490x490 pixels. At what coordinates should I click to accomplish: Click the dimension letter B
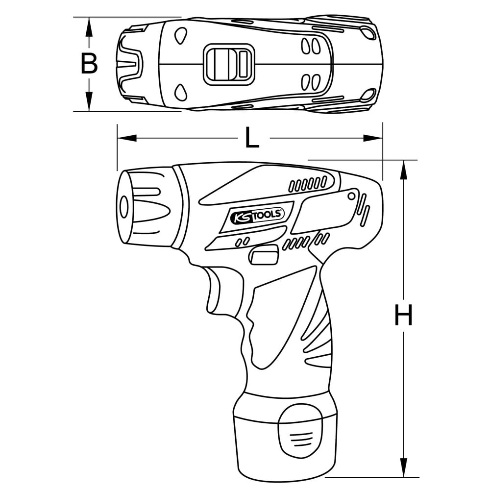tap(89, 64)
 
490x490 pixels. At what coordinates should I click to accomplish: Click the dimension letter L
tap(251, 139)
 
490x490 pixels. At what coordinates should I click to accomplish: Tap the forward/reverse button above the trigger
tap(264, 256)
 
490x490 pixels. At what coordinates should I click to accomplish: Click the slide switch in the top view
tap(229, 64)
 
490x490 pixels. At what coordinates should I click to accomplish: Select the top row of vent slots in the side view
tap(308, 184)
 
